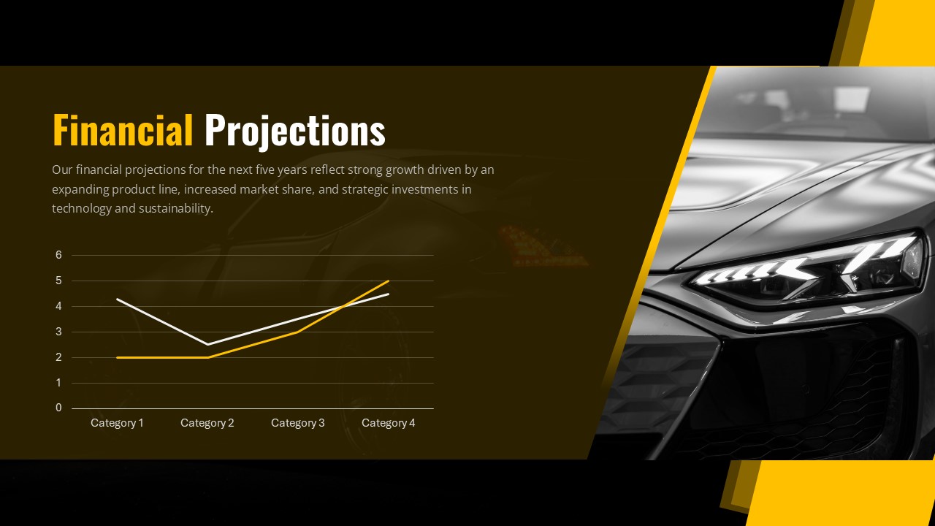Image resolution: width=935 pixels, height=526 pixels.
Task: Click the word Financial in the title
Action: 123,131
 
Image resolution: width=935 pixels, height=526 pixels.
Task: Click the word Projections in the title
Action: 294,131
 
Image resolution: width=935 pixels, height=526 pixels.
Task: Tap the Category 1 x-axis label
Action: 117,423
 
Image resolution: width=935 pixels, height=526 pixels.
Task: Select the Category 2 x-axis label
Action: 207,423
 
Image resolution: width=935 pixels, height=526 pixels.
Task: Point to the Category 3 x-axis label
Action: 298,423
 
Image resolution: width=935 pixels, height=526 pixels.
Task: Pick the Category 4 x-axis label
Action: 388,423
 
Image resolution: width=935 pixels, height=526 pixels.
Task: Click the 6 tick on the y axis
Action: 59,255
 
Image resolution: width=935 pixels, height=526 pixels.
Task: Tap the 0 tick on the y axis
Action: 59,408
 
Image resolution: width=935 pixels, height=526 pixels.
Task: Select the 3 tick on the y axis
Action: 59,332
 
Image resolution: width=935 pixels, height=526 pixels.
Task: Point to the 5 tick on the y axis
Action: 59,281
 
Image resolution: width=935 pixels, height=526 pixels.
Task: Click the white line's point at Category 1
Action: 118,299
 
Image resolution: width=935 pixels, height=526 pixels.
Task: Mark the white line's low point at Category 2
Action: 208,344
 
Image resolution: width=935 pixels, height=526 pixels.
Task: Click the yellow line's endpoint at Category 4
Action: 389,281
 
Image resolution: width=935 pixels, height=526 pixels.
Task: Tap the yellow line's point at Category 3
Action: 298,332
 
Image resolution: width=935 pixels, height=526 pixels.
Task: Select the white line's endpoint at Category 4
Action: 389,294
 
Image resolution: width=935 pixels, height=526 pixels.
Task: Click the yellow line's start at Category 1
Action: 118,357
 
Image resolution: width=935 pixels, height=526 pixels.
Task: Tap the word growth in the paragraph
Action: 406,169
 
